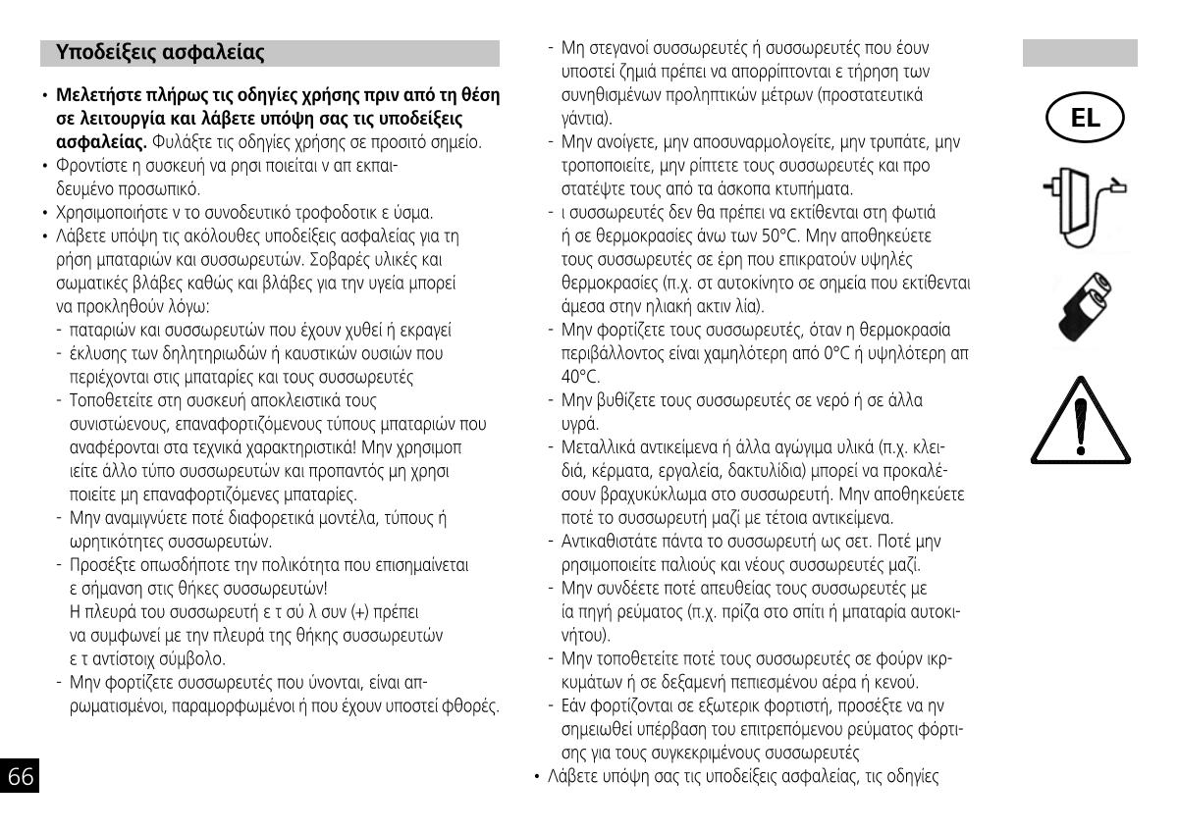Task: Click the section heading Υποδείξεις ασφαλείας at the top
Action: (x=160, y=52)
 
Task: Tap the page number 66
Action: (x=21, y=777)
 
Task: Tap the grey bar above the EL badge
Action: (x=1080, y=53)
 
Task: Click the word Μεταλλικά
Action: (x=599, y=447)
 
